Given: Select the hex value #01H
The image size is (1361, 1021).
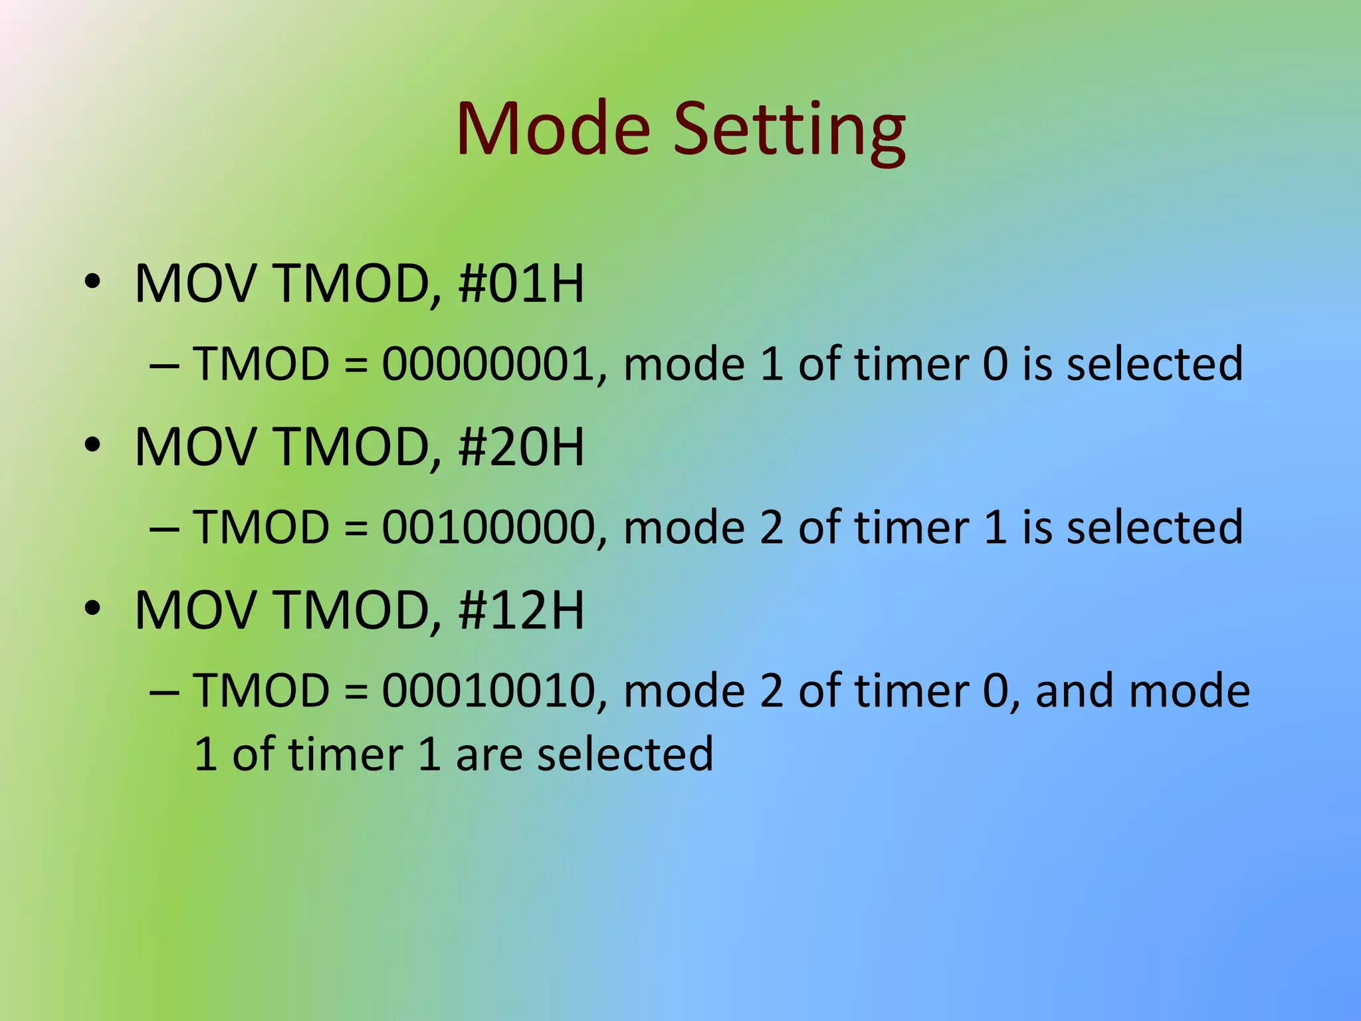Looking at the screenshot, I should coord(521,284).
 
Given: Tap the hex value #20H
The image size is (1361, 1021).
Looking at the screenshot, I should coord(521,447).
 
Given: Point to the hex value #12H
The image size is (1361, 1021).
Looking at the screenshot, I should coord(521,610).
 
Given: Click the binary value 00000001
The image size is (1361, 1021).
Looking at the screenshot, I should coord(488,364).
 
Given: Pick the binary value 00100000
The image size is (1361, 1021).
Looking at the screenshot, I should coord(488,527).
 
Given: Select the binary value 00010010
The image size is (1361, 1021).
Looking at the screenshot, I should coord(488,691).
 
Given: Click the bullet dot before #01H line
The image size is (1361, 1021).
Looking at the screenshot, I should coord(92,282).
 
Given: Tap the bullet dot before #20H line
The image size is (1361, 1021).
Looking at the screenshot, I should coord(92,445).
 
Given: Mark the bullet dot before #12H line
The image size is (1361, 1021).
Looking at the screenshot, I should coord(92,608).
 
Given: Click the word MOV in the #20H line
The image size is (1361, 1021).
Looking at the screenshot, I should coord(195,447).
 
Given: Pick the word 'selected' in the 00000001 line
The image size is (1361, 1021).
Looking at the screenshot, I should coord(1154,364).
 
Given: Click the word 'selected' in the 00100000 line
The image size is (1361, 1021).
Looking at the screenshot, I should coord(1154,527).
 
